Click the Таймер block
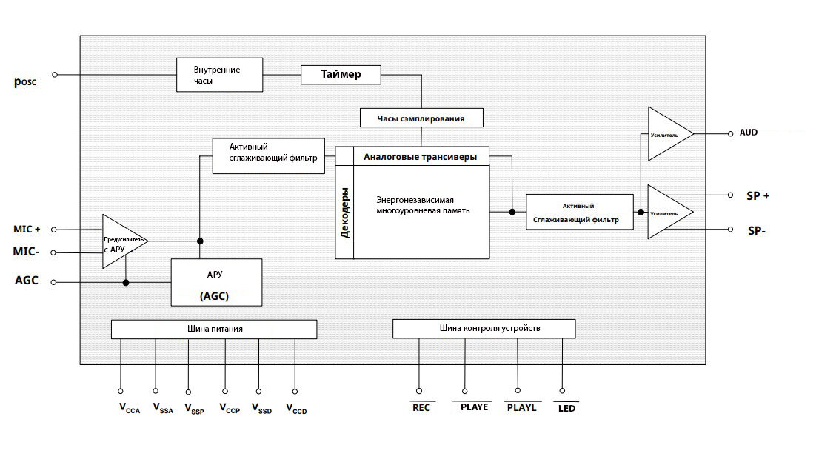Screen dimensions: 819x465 pos(341,74)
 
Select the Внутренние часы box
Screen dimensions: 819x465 pos(219,75)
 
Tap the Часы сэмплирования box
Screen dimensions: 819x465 pos(421,118)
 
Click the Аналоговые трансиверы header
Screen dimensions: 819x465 pos(421,157)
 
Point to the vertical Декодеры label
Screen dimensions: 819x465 pos(345,213)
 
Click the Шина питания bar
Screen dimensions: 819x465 pos(214,329)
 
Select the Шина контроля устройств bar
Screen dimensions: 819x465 pos(484,329)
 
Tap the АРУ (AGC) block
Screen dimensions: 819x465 pos(217,283)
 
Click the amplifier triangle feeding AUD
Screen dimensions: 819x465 pos(670,134)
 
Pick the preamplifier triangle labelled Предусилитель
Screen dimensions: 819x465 pos(124,241)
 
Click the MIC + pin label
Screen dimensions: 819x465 pos(27,230)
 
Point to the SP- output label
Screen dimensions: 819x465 pos(757,231)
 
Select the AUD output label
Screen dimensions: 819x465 pos(749,133)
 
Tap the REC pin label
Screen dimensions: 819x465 pos(421,407)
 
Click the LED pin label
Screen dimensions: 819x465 pos(566,409)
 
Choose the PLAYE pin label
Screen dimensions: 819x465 pos(474,407)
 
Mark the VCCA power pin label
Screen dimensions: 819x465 pos(130,409)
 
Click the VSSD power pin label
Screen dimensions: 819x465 pos(261,409)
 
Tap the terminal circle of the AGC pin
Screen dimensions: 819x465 pos(53,282)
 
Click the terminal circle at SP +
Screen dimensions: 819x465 pos(730,195)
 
